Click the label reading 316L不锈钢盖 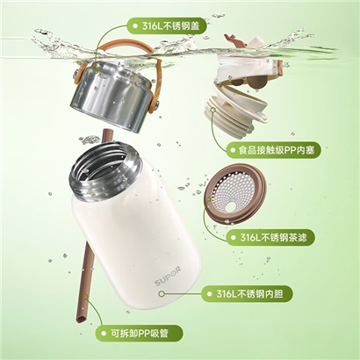pyautogui.click(x=167, y=26)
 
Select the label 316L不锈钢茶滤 pyautogui.click(x=270, y=237)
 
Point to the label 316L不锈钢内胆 pyautogui.click(x=247, y=293)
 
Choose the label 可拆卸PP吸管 pyautogui.click(x=140, y=333)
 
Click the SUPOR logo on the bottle pyautogui.click(x=168, y=277)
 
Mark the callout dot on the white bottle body pyautogui.click(x=162, y=293)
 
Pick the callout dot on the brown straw pyautogui.click(x=85, y=296)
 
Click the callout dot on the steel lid pyautogui.click(x=96, y=70)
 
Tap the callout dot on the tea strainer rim pyautogui.click(x=209, y=200)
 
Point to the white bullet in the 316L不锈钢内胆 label pyautogui.click(x=209, y=293)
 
